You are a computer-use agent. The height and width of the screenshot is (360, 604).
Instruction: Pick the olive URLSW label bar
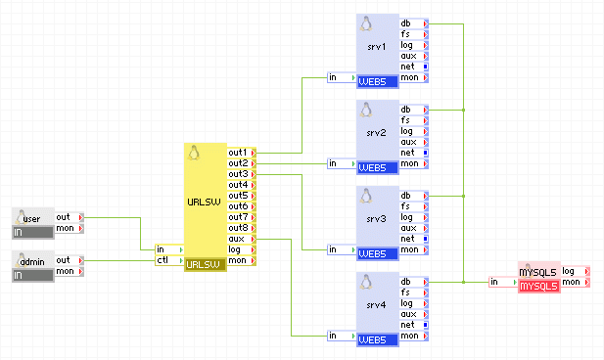pos(205,264)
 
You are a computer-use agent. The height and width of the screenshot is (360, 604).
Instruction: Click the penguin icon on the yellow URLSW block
pos(194,153)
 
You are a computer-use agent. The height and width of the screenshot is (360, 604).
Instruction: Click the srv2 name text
pos(377,132)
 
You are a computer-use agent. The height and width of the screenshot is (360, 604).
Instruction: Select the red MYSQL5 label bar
pos(537,286)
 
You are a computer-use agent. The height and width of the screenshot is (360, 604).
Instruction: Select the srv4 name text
pos(377,304)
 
